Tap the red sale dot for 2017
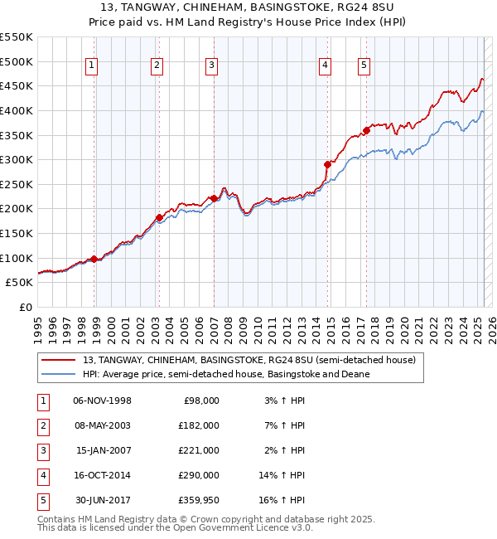point(366,130)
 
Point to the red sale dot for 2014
point(327,164)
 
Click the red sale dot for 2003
point(160,217)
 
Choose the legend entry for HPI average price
point(225,374)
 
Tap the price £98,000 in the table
point(200,401)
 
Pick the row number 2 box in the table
point(42,425)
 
